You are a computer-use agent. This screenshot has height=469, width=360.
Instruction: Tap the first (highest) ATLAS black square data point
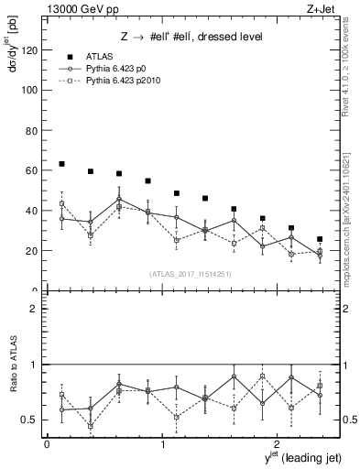point(61,164)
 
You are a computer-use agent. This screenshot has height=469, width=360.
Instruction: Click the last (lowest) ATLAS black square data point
point(320,239)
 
